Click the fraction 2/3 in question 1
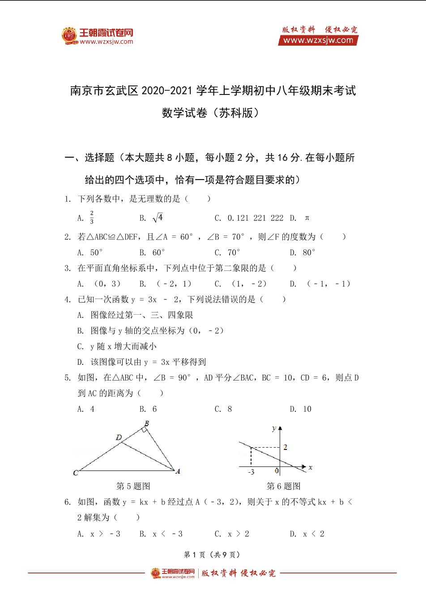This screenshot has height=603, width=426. click(92, 218)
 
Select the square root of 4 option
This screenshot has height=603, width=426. click(158, 218)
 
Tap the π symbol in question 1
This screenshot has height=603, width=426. click(307, 218)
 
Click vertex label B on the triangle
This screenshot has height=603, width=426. click(146, 423)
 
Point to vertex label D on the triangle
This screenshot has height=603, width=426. click(119, 437)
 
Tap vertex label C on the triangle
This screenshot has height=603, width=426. click(76, 473)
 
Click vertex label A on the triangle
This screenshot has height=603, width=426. click(178, 471)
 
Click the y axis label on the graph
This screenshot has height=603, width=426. click(273, 428)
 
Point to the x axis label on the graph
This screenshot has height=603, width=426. click(310, 467)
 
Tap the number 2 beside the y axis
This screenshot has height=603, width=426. click(285, 447)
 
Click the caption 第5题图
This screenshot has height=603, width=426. click(133, 486)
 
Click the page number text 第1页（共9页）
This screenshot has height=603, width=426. click(213, 554)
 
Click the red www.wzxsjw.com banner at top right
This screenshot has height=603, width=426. click(318, 40)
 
